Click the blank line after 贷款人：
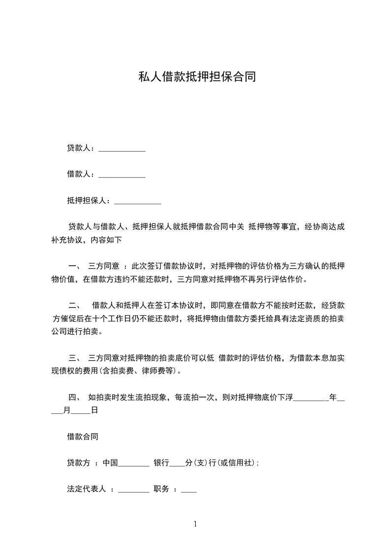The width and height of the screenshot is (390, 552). [122, 149]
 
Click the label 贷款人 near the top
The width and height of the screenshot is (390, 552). [78, 148]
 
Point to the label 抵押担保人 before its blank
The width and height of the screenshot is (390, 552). [86, 201]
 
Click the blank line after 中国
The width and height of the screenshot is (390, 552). [134, 464]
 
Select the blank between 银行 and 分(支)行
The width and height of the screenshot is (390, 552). [177, 464]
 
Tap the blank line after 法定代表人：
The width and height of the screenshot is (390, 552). [134, 491]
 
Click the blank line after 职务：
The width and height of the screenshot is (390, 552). [189, 491]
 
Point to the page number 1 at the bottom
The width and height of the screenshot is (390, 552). [195, 524]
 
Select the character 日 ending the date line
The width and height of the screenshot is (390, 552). [94, 410]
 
